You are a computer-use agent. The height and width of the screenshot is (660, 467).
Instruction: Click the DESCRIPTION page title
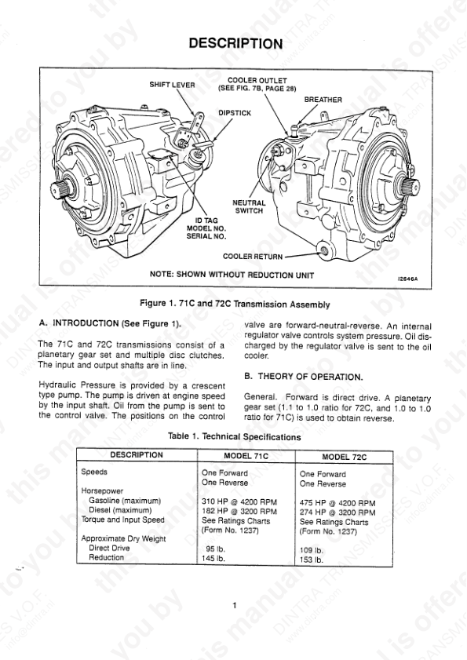(x=235, y=43)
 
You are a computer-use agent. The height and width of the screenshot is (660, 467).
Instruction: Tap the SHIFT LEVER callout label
(x=172, y=85)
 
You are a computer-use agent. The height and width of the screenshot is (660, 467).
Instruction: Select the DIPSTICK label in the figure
(x=235, y=113)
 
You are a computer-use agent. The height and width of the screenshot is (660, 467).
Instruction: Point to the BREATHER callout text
(x=323, y=100)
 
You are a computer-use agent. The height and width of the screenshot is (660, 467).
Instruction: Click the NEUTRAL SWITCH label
(x=249, y=206)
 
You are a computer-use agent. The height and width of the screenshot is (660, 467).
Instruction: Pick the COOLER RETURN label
(x=253, y=257)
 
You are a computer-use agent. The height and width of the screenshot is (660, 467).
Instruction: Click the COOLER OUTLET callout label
(x=257, y=84)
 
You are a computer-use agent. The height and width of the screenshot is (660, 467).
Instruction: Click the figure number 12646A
(x=409, y=279)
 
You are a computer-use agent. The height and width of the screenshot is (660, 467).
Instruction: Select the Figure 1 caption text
(x=235, y=304)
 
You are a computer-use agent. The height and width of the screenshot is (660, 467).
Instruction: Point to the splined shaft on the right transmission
(x=409, y=184)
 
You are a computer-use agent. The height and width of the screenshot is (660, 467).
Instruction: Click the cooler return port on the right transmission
(x=324, y=251)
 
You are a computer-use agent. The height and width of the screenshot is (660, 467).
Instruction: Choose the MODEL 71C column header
(x=246, y=456)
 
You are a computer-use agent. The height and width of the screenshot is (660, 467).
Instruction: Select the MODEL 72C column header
(x=344, y=457)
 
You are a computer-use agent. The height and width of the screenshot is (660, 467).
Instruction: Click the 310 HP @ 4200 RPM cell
(x=239, y=501)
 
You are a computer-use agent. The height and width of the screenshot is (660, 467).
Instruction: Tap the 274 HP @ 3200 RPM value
(x=337, y=512)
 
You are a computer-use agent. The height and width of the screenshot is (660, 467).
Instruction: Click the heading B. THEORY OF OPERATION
(x=303, y=377)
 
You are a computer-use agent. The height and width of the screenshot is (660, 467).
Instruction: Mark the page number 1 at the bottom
(x=235, y=606)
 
